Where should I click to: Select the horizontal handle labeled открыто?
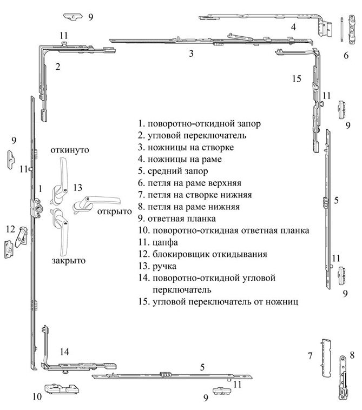click(x=96, y=204)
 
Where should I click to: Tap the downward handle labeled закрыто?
click(x=61, y=232)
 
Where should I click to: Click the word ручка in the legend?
click(x=164, y=266)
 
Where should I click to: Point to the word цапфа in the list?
click(x=165, y=242)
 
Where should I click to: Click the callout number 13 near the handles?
click(x=77, y=188)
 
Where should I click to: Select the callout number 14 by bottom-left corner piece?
click(x=64, y=352)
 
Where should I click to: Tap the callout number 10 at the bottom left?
click(x=37, y=396)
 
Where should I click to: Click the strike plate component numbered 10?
click(x=62, y=389)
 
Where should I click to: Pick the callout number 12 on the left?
click(x=10, y=229)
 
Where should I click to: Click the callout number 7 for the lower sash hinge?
click(x=310, y=356)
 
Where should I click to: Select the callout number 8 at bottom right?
click(x=352, y=355)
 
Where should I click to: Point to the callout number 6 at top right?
click(x=346, y=55)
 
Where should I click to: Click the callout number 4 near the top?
click(x=293, y=27)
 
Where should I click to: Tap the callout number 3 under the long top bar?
click(x=191, y=54)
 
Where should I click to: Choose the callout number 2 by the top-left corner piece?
click(x=58, y=67)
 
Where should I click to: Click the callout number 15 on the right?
click(x=297, y=79)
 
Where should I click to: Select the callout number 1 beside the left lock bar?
click(x=40, y=189)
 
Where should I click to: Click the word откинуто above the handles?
click(x=70, y=150)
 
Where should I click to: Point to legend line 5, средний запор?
click(x=173, y=171)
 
